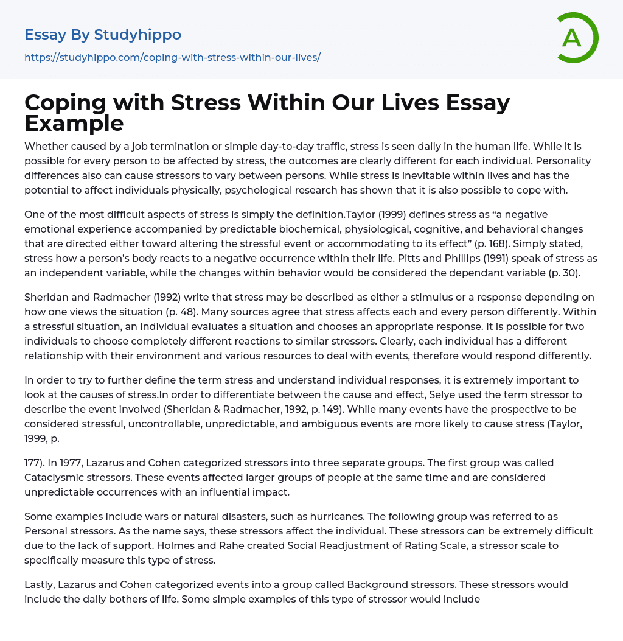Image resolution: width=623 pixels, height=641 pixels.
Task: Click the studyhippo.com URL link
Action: [x=172, y=58]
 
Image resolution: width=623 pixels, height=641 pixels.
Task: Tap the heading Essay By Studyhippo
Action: [x=103, y=35]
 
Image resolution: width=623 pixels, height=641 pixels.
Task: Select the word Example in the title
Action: [x=74, y=123]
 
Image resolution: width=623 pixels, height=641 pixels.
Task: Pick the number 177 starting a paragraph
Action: [x=33, y=463]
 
